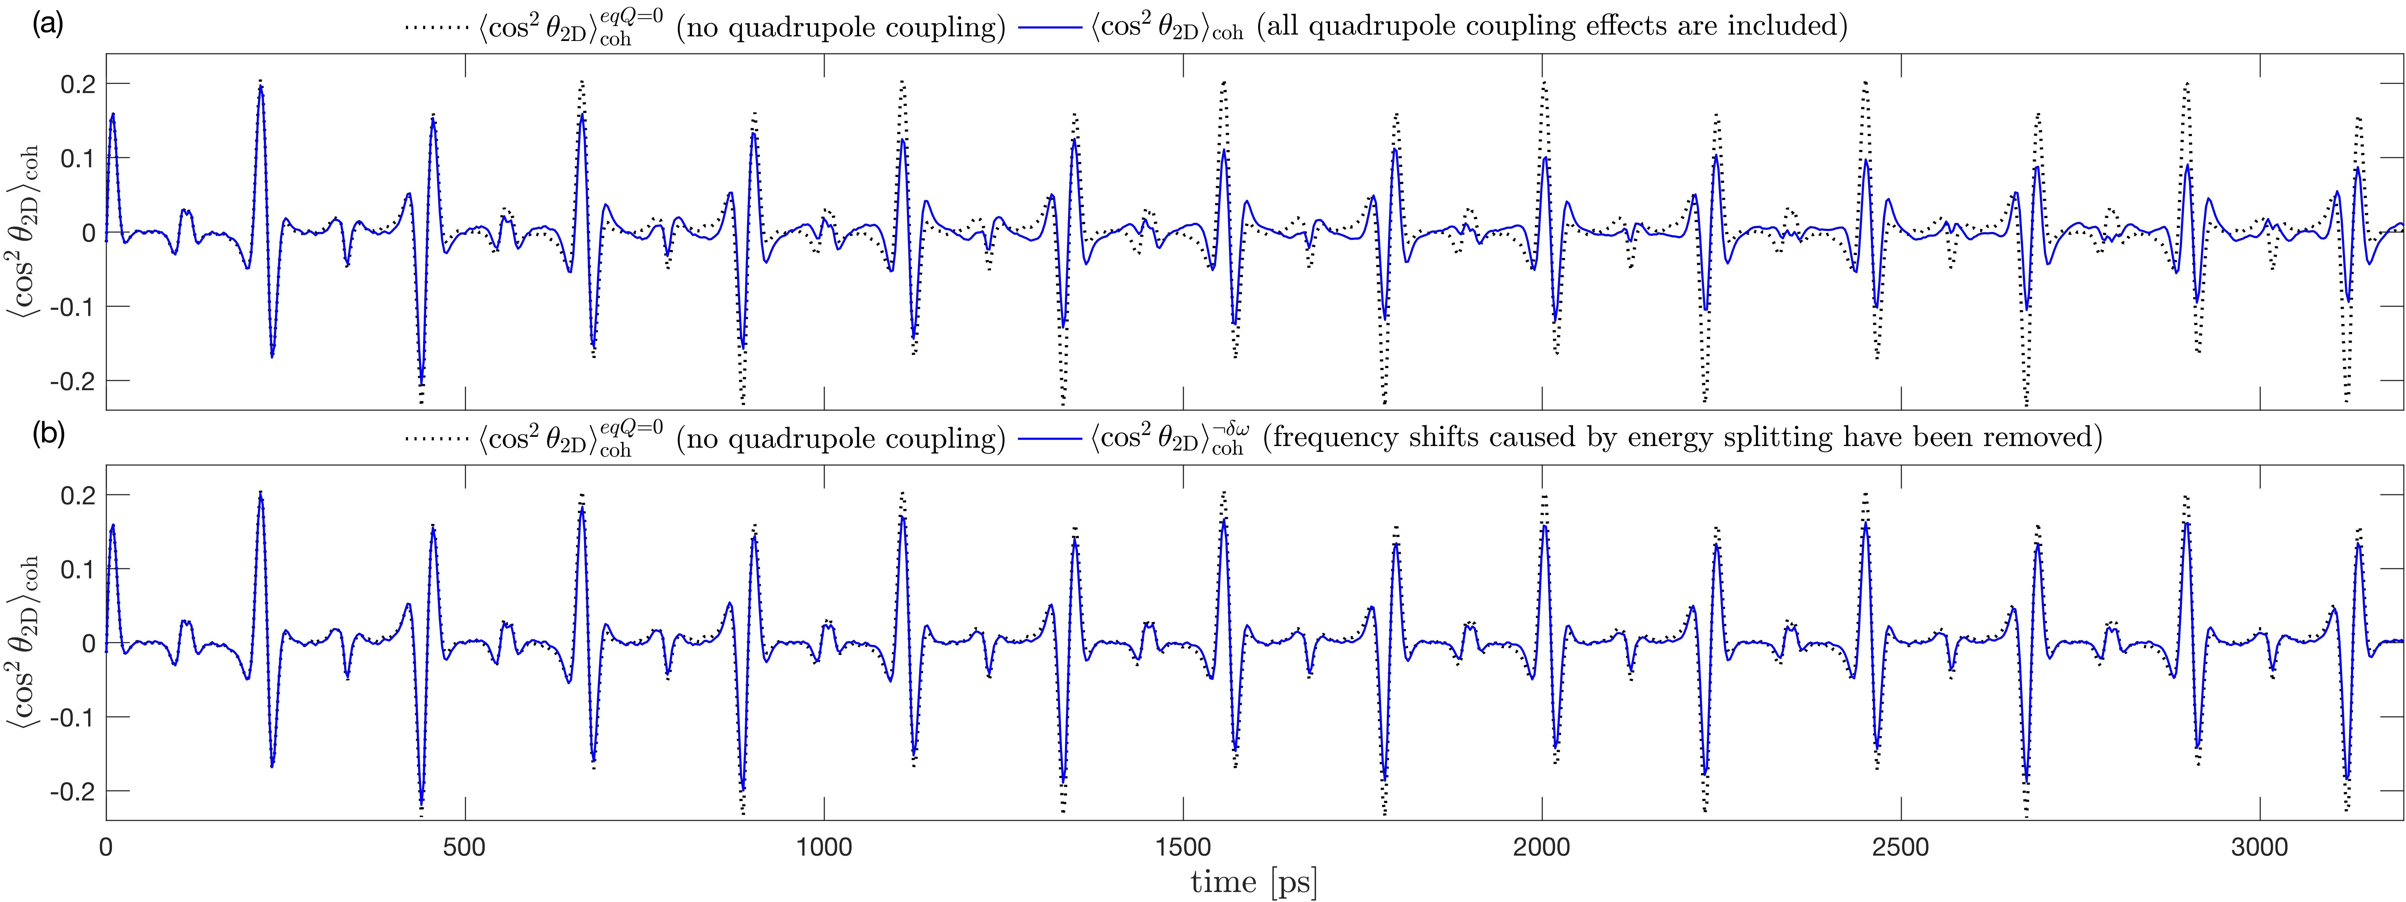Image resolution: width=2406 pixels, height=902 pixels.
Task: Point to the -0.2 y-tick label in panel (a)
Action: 73,381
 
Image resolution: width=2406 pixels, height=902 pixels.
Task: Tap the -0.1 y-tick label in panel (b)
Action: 73,717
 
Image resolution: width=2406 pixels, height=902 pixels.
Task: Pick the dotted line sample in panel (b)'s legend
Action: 436,438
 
